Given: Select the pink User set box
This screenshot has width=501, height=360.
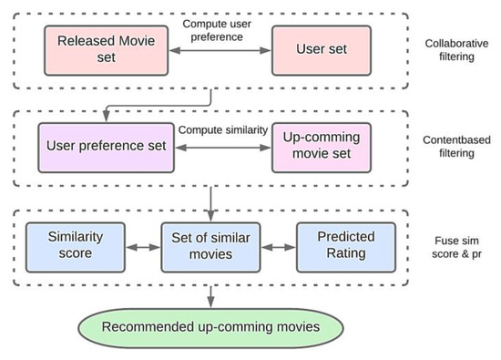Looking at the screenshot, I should pos(317,49).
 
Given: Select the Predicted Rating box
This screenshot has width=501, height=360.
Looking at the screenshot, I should pos(345,246).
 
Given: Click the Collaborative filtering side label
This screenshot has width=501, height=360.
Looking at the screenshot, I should pos(452,50).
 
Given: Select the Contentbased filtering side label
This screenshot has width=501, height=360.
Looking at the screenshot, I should pos(452,149).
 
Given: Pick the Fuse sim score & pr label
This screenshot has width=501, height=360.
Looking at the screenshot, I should pos(451,247).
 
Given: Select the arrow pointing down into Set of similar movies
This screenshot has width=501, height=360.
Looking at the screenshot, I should pos(210,201).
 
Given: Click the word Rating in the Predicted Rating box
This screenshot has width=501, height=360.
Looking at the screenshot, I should pos(345,254).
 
